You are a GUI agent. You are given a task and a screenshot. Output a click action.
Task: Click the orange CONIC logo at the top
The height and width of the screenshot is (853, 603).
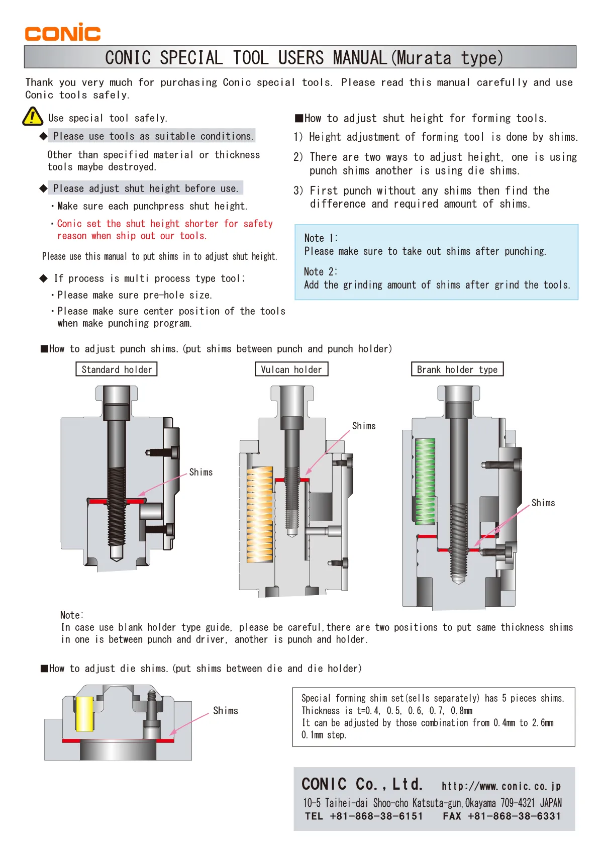tap(63, 32)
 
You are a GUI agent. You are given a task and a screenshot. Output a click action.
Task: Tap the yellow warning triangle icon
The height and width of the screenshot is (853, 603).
tap(33, 117)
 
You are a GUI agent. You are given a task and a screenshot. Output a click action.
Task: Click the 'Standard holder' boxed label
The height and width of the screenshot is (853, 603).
tap(117, 369)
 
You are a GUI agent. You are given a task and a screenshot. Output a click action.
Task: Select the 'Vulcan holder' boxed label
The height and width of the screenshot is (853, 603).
tap(291, 369)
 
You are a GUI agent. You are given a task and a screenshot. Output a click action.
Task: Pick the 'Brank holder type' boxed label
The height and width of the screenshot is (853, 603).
tap(457, 369)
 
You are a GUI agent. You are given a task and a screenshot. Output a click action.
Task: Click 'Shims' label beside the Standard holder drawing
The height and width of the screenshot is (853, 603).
tap(200, 472)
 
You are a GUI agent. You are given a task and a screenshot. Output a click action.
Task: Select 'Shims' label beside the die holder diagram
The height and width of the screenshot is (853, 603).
tap(225, 711)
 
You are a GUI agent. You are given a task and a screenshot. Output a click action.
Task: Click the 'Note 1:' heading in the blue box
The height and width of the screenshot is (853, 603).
tap(321, 238)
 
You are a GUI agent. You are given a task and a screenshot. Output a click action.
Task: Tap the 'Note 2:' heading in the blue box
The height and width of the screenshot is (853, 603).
tap(321, 271)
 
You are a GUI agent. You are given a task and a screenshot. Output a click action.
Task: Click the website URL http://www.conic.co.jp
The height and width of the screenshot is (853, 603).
tap(501, 786)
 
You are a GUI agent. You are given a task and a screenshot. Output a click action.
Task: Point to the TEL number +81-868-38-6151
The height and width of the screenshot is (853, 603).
tap(376, 816)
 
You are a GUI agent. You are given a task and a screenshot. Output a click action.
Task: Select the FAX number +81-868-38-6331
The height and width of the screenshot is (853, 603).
tap(514, 816)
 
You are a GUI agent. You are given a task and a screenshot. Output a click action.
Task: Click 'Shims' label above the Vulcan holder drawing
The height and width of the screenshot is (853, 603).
tap(364, 426)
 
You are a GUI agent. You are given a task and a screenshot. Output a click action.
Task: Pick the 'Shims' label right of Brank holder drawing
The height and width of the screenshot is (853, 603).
tap(543, 503)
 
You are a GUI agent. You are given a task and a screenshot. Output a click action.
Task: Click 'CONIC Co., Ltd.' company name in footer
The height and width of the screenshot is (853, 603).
tap(362, 784)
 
